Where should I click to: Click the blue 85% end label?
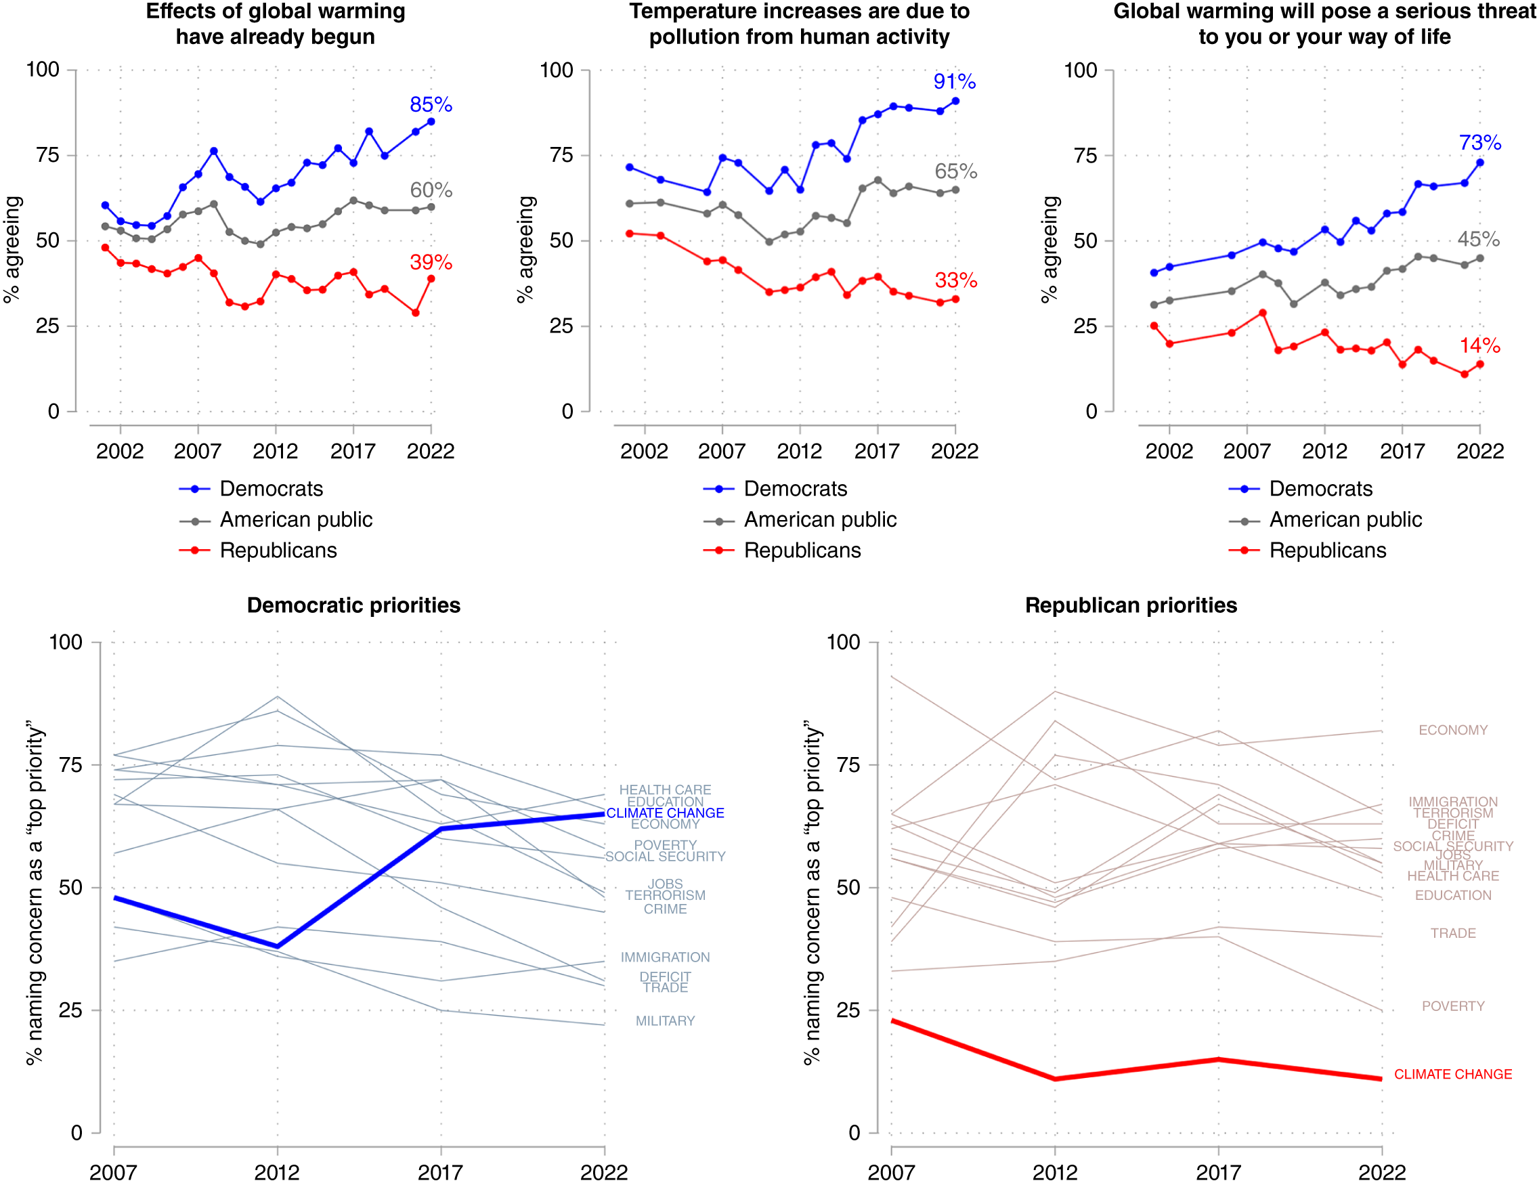431,105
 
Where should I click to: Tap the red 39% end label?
431,263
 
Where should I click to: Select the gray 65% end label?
955,171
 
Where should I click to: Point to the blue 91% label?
954,82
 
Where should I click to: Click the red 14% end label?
1479,345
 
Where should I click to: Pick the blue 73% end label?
1479,143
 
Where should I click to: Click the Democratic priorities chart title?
353,605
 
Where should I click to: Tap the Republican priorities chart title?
1130,605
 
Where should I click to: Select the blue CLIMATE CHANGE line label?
665,813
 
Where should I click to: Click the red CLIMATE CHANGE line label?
1452,1074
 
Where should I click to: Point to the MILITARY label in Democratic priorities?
665,1020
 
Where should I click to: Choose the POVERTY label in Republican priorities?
1452,1006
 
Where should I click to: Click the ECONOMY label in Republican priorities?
1452,730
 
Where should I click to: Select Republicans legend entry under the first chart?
278,551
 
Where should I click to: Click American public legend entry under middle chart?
819,519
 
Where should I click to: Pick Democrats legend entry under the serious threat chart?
1320,488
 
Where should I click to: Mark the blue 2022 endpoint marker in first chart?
431,122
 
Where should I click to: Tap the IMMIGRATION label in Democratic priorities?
665,957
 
